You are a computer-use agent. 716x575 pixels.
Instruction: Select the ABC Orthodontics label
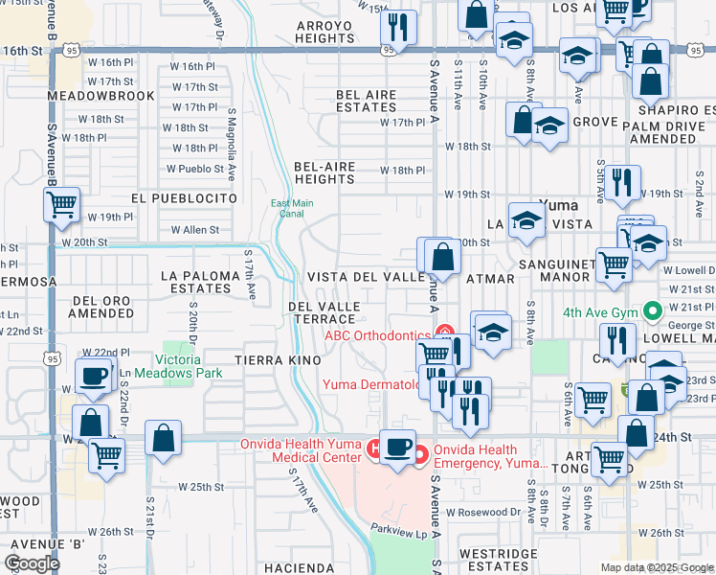pos(377,334)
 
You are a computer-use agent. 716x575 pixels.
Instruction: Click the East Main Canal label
pos(292,208)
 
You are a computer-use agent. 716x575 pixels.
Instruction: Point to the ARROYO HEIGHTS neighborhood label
pos(325,32)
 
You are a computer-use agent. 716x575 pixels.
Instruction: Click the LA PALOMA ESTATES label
pos(195,282)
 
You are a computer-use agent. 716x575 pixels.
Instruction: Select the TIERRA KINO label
pos(280,358)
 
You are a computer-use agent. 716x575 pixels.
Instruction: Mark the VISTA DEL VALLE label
pos(365,277)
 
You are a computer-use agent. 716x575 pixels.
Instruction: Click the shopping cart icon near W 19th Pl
pos(62,206)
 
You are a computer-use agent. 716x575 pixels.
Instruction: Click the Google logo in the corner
pos(32,563)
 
